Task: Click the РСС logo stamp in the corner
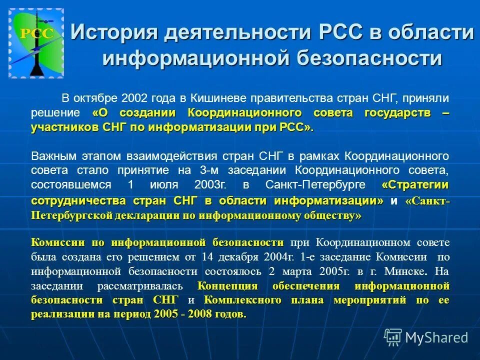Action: click(36, 43)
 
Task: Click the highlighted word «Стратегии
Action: click(414, 184)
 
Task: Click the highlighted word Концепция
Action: click(227, 286)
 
